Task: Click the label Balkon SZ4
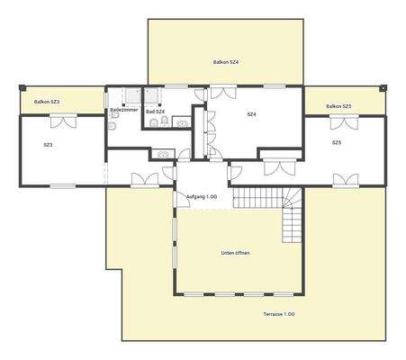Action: click(x=225, y=62)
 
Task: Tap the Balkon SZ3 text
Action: click(x=47, y=103)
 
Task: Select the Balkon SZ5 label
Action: click(x=338, y=106)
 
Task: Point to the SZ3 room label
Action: click(x=48, y=144)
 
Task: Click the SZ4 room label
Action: click(x=252, y=114)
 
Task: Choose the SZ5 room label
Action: click(x=336, y=142)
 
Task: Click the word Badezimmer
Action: click(x=122, y=111)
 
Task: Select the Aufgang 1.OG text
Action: click(x=201, y=196)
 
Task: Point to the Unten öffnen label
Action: click(x=236, y=253)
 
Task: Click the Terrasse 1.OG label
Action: click(x=279, y=313)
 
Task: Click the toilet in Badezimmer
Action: click(x=156, y=121)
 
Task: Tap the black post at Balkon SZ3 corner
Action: click(x=20, y=87)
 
